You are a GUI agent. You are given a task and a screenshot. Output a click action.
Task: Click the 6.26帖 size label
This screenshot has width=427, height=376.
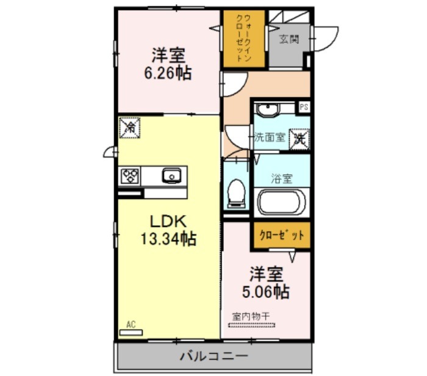(168, 73)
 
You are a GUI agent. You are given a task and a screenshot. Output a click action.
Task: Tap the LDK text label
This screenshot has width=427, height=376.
(168, 222)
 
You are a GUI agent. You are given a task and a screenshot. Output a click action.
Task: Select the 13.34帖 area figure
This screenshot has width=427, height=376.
(168, 239)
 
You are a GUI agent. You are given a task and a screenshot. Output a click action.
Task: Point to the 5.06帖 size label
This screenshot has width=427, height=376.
(265, 292)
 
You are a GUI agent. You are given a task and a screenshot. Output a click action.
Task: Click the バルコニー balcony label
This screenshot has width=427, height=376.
(214, 356)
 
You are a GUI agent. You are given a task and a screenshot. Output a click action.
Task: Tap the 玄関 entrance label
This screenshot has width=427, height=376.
(289, 40)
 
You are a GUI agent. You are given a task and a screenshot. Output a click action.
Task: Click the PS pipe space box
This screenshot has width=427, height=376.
(304, 107)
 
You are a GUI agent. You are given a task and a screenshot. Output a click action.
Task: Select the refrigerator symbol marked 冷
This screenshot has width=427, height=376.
(129, 128)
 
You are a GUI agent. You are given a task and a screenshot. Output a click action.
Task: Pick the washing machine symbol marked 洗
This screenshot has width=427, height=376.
(300, 139)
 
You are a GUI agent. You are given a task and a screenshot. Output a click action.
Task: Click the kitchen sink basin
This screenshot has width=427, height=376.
(171, 175)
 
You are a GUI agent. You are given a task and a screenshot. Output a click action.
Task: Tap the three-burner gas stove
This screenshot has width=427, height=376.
(129, 175)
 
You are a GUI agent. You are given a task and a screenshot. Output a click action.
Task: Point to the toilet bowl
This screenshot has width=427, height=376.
(236, 193)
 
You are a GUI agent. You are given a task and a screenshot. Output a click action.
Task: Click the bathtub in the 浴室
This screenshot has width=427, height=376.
(282, 203)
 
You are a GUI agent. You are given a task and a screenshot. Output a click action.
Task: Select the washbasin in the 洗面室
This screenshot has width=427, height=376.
(267, 110)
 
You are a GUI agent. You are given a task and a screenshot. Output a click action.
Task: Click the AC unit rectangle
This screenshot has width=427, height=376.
(131, 333)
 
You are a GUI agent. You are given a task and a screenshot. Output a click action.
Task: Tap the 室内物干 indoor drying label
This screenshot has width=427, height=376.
(251, 317)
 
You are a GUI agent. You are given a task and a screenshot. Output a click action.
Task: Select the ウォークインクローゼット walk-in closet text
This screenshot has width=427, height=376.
(243, 38)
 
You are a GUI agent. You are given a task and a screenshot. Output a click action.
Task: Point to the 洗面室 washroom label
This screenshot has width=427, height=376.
(270, 137)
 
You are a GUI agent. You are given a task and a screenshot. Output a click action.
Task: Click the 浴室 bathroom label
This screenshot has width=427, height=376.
(282, 178)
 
